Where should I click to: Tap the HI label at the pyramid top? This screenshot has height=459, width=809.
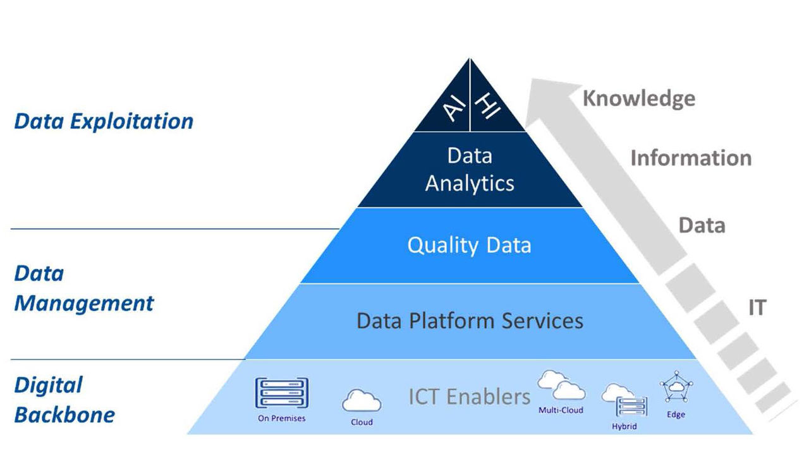tap(487, 106)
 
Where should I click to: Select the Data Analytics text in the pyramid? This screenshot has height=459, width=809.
tap(470, 169)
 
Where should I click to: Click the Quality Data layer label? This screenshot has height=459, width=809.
tap(469, 245)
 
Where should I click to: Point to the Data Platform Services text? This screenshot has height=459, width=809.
tap(470, 321)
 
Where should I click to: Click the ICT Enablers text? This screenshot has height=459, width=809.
tap(469, 396)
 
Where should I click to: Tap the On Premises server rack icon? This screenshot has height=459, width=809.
tap(281, 393)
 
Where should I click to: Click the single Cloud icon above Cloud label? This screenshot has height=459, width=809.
tap(362, 400)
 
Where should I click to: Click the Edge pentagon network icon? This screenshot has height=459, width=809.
tap(676, 390)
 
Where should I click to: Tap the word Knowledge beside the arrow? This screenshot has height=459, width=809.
tap(638, 98)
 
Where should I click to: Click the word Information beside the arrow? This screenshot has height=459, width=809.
tap(691, 158)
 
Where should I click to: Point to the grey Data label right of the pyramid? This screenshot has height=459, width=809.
tap(702, 225)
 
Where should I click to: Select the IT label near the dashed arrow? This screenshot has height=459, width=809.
tap(757, 307)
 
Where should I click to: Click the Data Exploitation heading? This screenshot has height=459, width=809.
tap(104, 121)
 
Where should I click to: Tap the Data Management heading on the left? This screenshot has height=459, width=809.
tap(83, 289)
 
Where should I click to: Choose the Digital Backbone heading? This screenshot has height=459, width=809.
tap(64, 400)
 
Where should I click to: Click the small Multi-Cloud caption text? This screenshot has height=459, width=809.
tap(561, 410)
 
